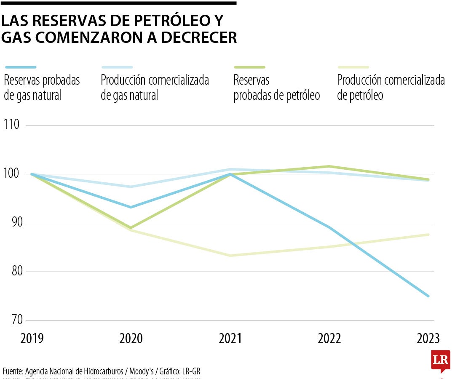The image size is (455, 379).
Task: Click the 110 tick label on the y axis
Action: [x=11, y=125]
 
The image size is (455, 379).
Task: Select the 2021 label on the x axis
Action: [x=230, y=339]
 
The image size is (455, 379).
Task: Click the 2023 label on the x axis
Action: [x=428, y=339]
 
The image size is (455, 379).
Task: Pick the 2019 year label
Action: [x=32, y=339]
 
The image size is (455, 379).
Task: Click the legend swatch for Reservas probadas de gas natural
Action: [x=21, y=67]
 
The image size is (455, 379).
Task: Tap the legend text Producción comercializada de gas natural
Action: [x=155, y=88]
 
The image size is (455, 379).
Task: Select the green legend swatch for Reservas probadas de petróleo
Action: [x=249, y=67]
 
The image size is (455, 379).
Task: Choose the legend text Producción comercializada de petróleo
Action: [x=391, y=88]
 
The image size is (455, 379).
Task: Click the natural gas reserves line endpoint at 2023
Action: [x=428, y=296]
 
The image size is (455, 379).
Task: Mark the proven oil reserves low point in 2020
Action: [x=131, y=228]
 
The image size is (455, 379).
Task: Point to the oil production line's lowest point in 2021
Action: [x=230, y=256]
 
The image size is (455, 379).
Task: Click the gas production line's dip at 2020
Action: [x=131, y=187]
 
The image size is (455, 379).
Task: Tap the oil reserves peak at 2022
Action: [x=329, y=166]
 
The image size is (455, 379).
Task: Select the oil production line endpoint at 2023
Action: [x=428, y=235]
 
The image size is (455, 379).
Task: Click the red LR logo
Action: [x=440, y=360]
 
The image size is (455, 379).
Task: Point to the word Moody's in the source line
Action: [x=141, y=371]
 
